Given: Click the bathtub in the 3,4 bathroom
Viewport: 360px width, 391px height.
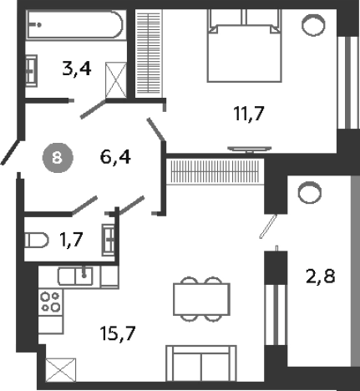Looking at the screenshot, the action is coord(74,25).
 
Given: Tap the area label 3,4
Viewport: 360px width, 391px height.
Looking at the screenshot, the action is coord(77,69).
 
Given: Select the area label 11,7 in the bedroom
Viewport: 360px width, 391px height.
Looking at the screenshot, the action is coord(249,114).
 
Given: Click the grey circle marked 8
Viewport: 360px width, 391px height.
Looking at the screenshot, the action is coord(58,158).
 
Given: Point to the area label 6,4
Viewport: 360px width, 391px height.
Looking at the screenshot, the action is coord(115,157).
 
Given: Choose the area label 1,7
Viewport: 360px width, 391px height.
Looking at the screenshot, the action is coord(71,240).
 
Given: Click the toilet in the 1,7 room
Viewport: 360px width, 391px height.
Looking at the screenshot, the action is coord(37,240).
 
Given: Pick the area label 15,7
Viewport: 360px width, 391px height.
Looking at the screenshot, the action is coord(118,333).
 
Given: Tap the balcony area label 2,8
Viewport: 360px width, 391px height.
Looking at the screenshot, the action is coord(320,277).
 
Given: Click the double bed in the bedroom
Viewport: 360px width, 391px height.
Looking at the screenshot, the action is coord(244,46).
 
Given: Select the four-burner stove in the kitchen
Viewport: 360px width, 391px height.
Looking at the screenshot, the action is coord(50,302).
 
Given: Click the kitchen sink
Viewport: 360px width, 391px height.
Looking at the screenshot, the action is coord(75,276).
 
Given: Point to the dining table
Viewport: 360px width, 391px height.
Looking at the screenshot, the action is coord(201,299).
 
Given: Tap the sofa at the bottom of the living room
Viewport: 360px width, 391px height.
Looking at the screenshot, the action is coord(201,363).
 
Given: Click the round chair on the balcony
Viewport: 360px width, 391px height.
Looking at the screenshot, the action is coord(310,192).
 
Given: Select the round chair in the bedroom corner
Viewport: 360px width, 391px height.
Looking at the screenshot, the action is coord(313,25).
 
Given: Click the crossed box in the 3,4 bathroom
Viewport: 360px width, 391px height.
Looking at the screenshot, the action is coord(116,80).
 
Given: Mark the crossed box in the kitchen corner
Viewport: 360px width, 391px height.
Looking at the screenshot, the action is coord(61,370).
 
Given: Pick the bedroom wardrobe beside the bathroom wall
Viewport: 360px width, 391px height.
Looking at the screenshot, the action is coord(149,52).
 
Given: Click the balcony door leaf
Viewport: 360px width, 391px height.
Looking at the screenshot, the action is coord(268,226).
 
